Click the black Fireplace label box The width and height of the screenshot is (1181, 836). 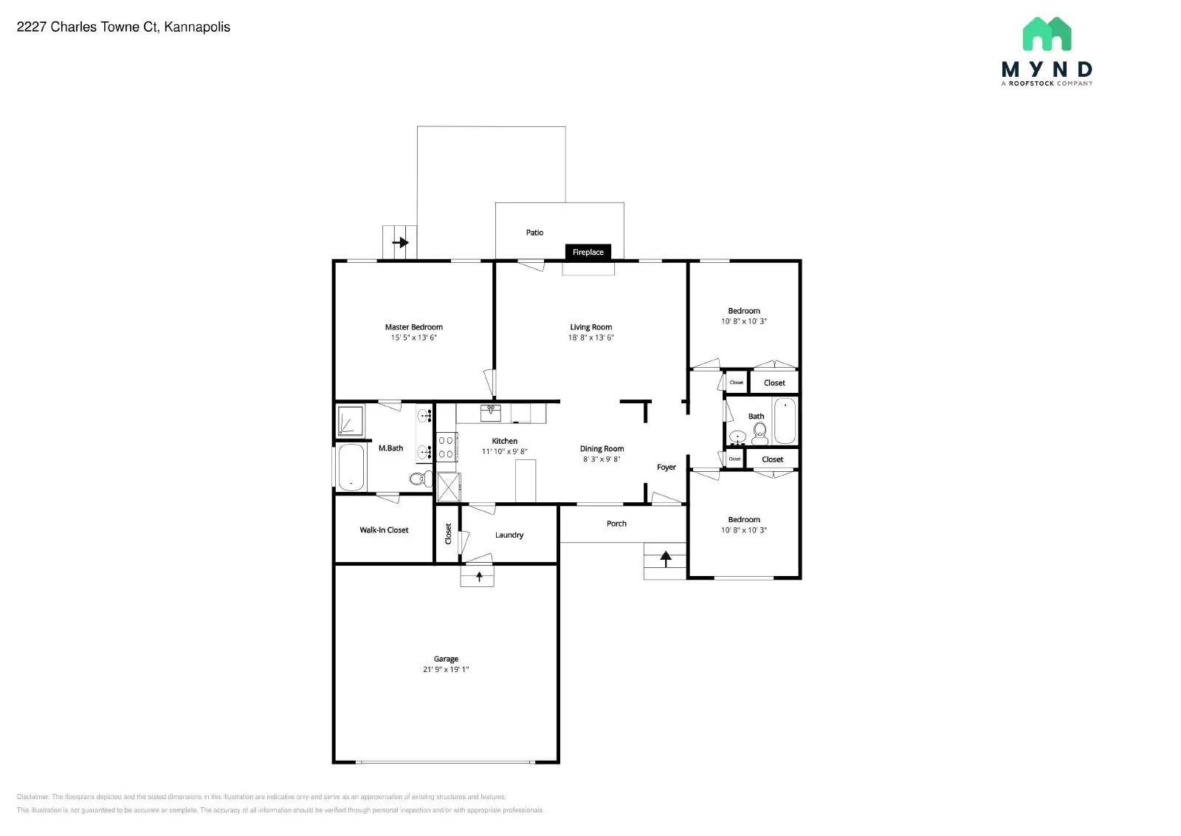[x=588, y=252]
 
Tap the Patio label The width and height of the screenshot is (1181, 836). [x=534, y=233]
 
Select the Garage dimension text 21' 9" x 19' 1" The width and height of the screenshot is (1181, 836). [x=446, y=670]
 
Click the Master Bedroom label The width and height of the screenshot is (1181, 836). [x=413, y=327]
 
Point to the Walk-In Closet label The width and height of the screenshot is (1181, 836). [x=384, y=530]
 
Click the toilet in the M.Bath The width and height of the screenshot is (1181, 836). [x=419, y=479]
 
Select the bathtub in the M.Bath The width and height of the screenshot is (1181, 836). [x=351, y=467]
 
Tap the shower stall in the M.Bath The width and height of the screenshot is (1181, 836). [x=351, y=420]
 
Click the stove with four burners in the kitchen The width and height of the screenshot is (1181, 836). [x=447, y=447]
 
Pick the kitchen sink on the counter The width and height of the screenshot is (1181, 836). [x=491, y=411]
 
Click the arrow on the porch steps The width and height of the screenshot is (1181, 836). [x=666, y=558]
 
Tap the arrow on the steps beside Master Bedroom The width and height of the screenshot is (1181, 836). [x=400, y=242]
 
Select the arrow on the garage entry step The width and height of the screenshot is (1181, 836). [x=479, y=576]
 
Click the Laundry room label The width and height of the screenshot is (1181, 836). [x=509, y=535]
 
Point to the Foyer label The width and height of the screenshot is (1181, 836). [x=667, y=467]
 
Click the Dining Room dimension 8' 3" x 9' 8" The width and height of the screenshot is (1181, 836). [x=602, y=459]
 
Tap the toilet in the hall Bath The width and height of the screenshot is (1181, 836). [x=760, y=434]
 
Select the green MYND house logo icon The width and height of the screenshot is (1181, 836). [x=1047, y=34]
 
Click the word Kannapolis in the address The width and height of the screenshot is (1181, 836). [x=197, y=27]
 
